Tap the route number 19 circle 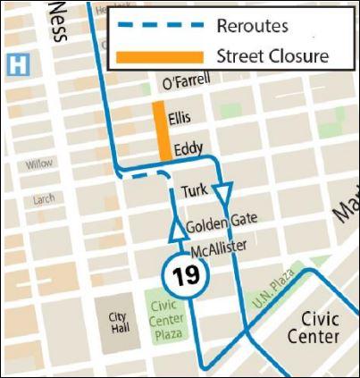point(186,274)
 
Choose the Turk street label point(194,191)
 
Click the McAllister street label point(218,248)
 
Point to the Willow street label point(39,164)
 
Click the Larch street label point(42,198)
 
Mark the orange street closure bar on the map point(161,130)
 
